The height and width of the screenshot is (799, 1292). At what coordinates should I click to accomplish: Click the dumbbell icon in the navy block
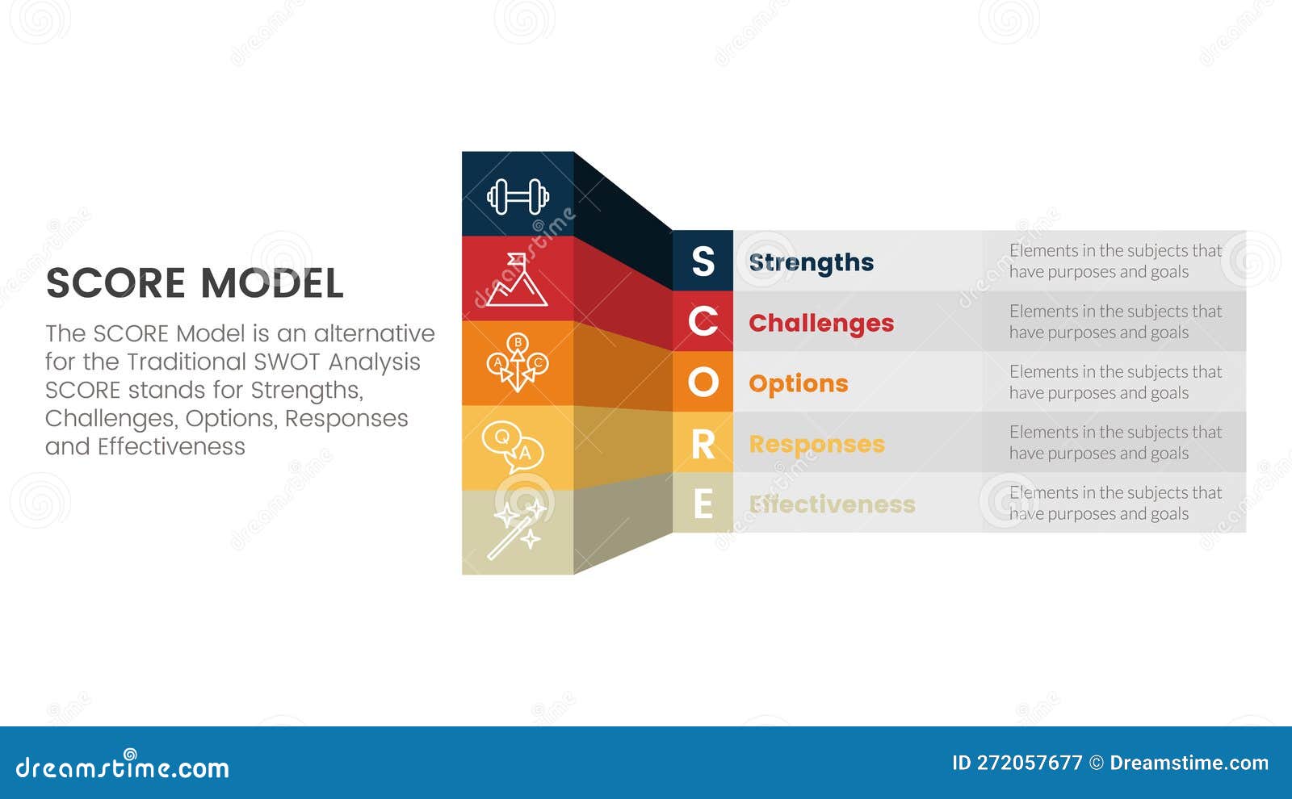pos(518,196)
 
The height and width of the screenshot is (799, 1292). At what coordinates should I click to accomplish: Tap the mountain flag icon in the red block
pos(517,280)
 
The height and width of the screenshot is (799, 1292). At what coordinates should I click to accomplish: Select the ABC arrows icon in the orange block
pos(518,362)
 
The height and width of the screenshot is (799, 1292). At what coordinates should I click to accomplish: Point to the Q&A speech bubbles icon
pos(513,447)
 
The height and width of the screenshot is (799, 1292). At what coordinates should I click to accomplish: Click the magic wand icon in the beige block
pos(518,529)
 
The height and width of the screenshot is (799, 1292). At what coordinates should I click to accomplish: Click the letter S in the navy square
pos(703,261)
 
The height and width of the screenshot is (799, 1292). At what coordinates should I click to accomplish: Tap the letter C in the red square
pos(703,322)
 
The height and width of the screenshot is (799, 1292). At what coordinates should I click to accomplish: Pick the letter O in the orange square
pos(703,383)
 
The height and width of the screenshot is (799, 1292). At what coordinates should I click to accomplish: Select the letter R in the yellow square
pos(703,444)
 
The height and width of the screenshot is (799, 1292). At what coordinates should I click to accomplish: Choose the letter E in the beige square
pos(703,504)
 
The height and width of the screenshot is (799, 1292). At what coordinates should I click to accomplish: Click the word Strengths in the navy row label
pos(811,262)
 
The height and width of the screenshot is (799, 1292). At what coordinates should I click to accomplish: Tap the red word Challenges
pos(821,323)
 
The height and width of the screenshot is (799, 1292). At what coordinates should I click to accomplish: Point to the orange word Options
pos(798,383)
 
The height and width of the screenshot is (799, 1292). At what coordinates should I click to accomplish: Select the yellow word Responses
pos(816,444)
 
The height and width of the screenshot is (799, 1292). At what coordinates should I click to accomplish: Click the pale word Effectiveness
pos(832,504)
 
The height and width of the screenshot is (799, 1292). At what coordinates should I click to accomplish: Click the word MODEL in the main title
pos(271,283)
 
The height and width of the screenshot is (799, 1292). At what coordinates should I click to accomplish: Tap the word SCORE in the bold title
pos(115,283)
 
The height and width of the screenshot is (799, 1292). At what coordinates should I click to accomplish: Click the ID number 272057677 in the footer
pos(1030,763)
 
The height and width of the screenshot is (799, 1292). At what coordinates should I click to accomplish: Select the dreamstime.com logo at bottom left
pos(123,767)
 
